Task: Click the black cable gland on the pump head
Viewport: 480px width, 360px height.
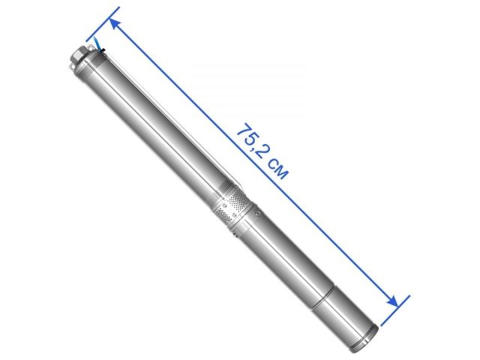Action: [100, 51]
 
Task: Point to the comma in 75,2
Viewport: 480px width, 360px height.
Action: [256, 147]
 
